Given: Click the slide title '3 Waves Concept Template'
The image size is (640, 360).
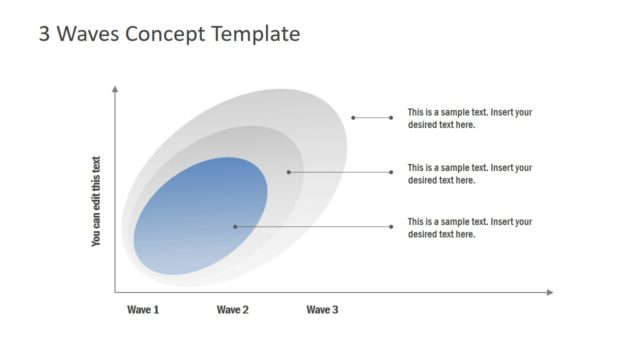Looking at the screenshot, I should pos(169,33).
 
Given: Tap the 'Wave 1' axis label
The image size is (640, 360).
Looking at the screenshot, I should pos(143,310).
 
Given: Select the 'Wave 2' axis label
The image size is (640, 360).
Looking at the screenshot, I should pos(232,310).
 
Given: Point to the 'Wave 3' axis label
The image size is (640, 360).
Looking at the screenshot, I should pos(322,310).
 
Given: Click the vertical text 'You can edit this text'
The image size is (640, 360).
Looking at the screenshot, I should pos(96,201).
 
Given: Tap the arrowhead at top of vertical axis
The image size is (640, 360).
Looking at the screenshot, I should pos(116,89).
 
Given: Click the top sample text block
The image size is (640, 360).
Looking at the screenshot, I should pos(469,118).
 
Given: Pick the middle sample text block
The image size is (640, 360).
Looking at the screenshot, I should pos(469,173).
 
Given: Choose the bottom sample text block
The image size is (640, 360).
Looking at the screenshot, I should pos(469,227).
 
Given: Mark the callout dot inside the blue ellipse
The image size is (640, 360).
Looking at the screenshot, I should pos(235,226).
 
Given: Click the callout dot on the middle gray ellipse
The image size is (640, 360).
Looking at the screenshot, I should pos(289,172).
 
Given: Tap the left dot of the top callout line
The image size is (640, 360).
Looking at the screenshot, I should pos(353,117).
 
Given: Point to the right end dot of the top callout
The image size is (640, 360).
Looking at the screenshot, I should pos(391,117).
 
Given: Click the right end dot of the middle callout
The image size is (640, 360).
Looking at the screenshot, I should pos(391,172).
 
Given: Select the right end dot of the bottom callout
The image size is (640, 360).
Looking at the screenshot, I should pos(391,226).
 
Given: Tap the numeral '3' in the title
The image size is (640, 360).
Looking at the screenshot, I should pos(44,33).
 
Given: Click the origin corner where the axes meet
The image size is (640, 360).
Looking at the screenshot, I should pos(116,292).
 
